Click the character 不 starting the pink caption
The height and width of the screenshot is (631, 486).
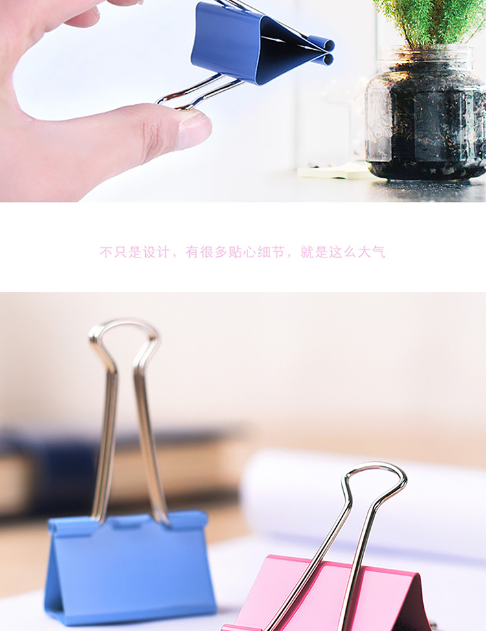point(106,252)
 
